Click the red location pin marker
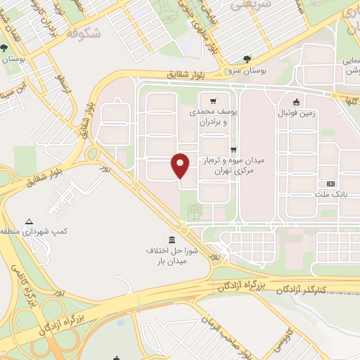click(181, 165)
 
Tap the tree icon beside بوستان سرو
click(246, 60)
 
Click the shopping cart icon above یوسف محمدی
click(212, 101)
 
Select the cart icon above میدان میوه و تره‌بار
click(233, 149)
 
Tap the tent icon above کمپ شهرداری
click(29, 221)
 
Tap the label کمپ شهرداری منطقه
click(29, 231)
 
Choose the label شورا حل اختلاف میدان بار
click(172, 256)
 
